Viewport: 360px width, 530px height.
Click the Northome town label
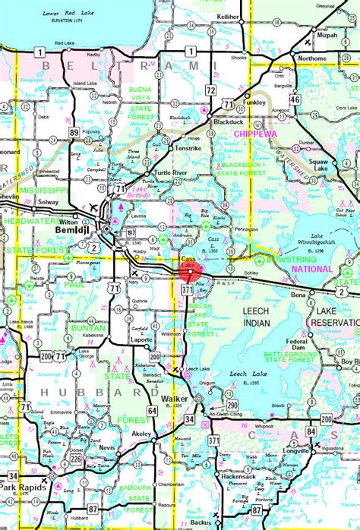(x=312, y=58)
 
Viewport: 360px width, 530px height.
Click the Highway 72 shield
(x=210, y=90)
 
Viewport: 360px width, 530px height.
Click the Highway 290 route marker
(x=232, y=406)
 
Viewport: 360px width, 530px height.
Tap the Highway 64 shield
(x=152, y=411)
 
